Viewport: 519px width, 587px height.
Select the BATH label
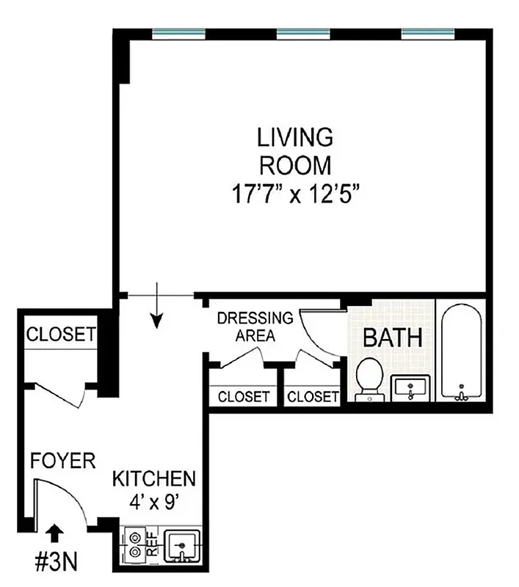tap(393, 338)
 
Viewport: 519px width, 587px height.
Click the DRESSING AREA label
tap(255, 327)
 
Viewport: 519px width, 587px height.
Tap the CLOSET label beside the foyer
tap(60, 335)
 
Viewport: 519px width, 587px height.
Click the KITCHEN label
tap(153, 479)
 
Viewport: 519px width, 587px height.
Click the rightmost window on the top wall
tap(427, 33)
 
